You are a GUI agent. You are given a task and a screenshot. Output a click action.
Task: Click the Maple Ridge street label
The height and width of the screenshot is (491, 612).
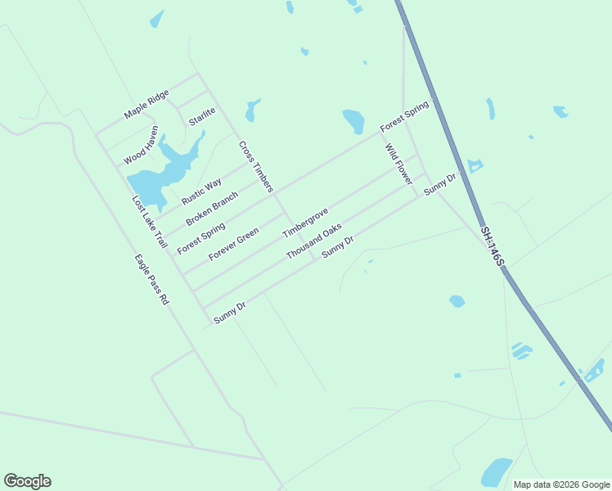point(146,104)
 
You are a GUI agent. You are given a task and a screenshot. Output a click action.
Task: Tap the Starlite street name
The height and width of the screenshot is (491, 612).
point(201,116)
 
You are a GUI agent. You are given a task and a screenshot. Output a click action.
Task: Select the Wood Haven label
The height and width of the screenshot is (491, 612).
point(141,145)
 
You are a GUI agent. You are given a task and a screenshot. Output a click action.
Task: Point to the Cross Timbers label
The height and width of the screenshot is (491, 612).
point(255,167)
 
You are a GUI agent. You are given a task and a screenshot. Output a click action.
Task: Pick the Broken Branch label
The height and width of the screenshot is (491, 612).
point(212,209)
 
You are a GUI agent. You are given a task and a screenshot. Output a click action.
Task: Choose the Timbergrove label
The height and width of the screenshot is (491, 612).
point(305,223)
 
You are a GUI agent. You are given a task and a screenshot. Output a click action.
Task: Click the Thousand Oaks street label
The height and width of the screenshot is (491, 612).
point(313,241)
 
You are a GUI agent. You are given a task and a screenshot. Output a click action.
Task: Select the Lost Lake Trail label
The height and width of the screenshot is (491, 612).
point(150,222)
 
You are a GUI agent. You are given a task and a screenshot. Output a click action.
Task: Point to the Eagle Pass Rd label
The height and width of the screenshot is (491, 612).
point(151,279)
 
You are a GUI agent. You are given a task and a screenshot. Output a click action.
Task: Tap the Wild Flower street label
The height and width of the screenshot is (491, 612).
point(398,164)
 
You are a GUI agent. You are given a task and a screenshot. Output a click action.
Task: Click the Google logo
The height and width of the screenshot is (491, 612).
point(27,481)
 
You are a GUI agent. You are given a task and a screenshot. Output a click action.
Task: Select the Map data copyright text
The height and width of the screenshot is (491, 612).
point(562,484)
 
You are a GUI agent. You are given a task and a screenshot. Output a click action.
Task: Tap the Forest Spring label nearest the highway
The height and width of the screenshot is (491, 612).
point(404,117)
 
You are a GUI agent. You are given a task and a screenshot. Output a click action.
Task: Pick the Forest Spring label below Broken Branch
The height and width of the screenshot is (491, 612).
point(200,237)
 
